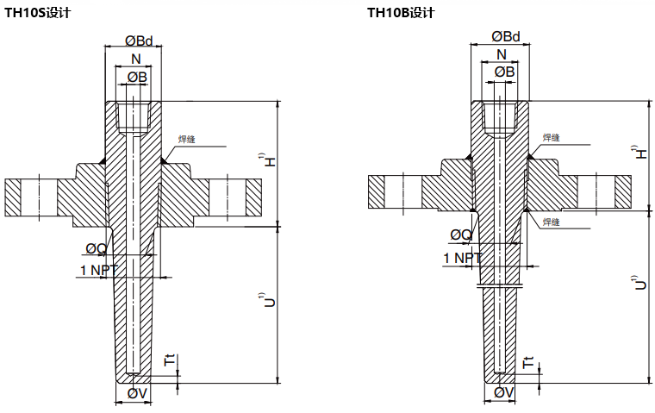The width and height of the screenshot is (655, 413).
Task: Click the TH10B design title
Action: point(401,13)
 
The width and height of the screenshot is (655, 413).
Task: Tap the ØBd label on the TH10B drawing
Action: point(506,36)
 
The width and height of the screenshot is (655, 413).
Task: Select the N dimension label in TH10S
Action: point(136,59)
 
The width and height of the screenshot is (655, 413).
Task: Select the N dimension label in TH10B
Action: point(502,54)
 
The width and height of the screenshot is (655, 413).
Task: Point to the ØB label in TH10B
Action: point(504,72)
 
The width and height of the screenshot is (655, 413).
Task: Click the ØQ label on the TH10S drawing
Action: point(96,249)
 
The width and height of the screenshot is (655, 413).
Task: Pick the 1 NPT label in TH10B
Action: point(462,258)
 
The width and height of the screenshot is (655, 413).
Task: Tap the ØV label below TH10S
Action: point(137,394)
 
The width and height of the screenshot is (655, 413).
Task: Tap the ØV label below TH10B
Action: point(504,393)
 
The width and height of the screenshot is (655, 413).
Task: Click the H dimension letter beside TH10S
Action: point(269,161)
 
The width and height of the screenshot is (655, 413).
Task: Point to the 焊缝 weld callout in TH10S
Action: point(188,139)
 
